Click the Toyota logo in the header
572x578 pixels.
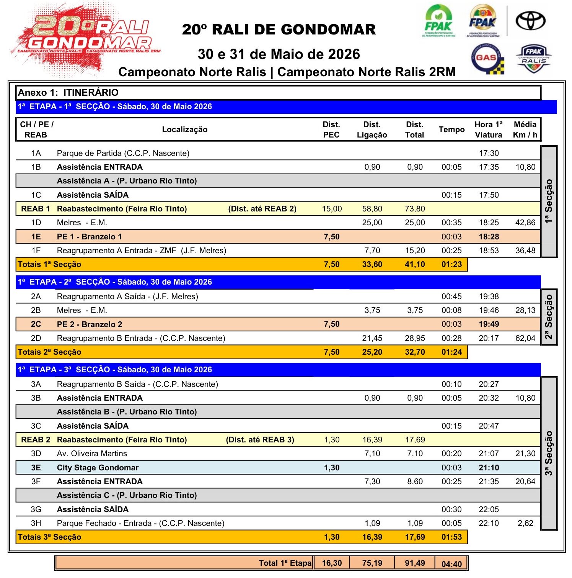coord(530,21)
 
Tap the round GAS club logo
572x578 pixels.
coord(487,59)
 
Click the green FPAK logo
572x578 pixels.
coord(438,21)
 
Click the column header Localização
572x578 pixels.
coord(184,129)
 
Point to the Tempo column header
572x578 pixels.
coord(451,129)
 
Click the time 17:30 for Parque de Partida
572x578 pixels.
coord(489,153)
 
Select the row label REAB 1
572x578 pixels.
coord(36,209)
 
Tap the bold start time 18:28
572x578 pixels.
coord(489,237)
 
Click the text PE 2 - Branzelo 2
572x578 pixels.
coord(90,324)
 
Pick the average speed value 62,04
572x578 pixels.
coord(525,338)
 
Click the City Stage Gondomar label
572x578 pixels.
coord(98,468)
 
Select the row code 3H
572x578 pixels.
coord(36,523)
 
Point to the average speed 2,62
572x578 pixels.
coord(525,523)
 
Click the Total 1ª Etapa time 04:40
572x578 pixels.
coord(451,564)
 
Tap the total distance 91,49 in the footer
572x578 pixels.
coord(415,563)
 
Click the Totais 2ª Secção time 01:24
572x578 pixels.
coord(451,352)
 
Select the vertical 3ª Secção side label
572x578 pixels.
coord(549,453)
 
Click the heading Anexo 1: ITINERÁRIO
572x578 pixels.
coord(68,93)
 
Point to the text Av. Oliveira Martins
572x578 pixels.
coord(92,454)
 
